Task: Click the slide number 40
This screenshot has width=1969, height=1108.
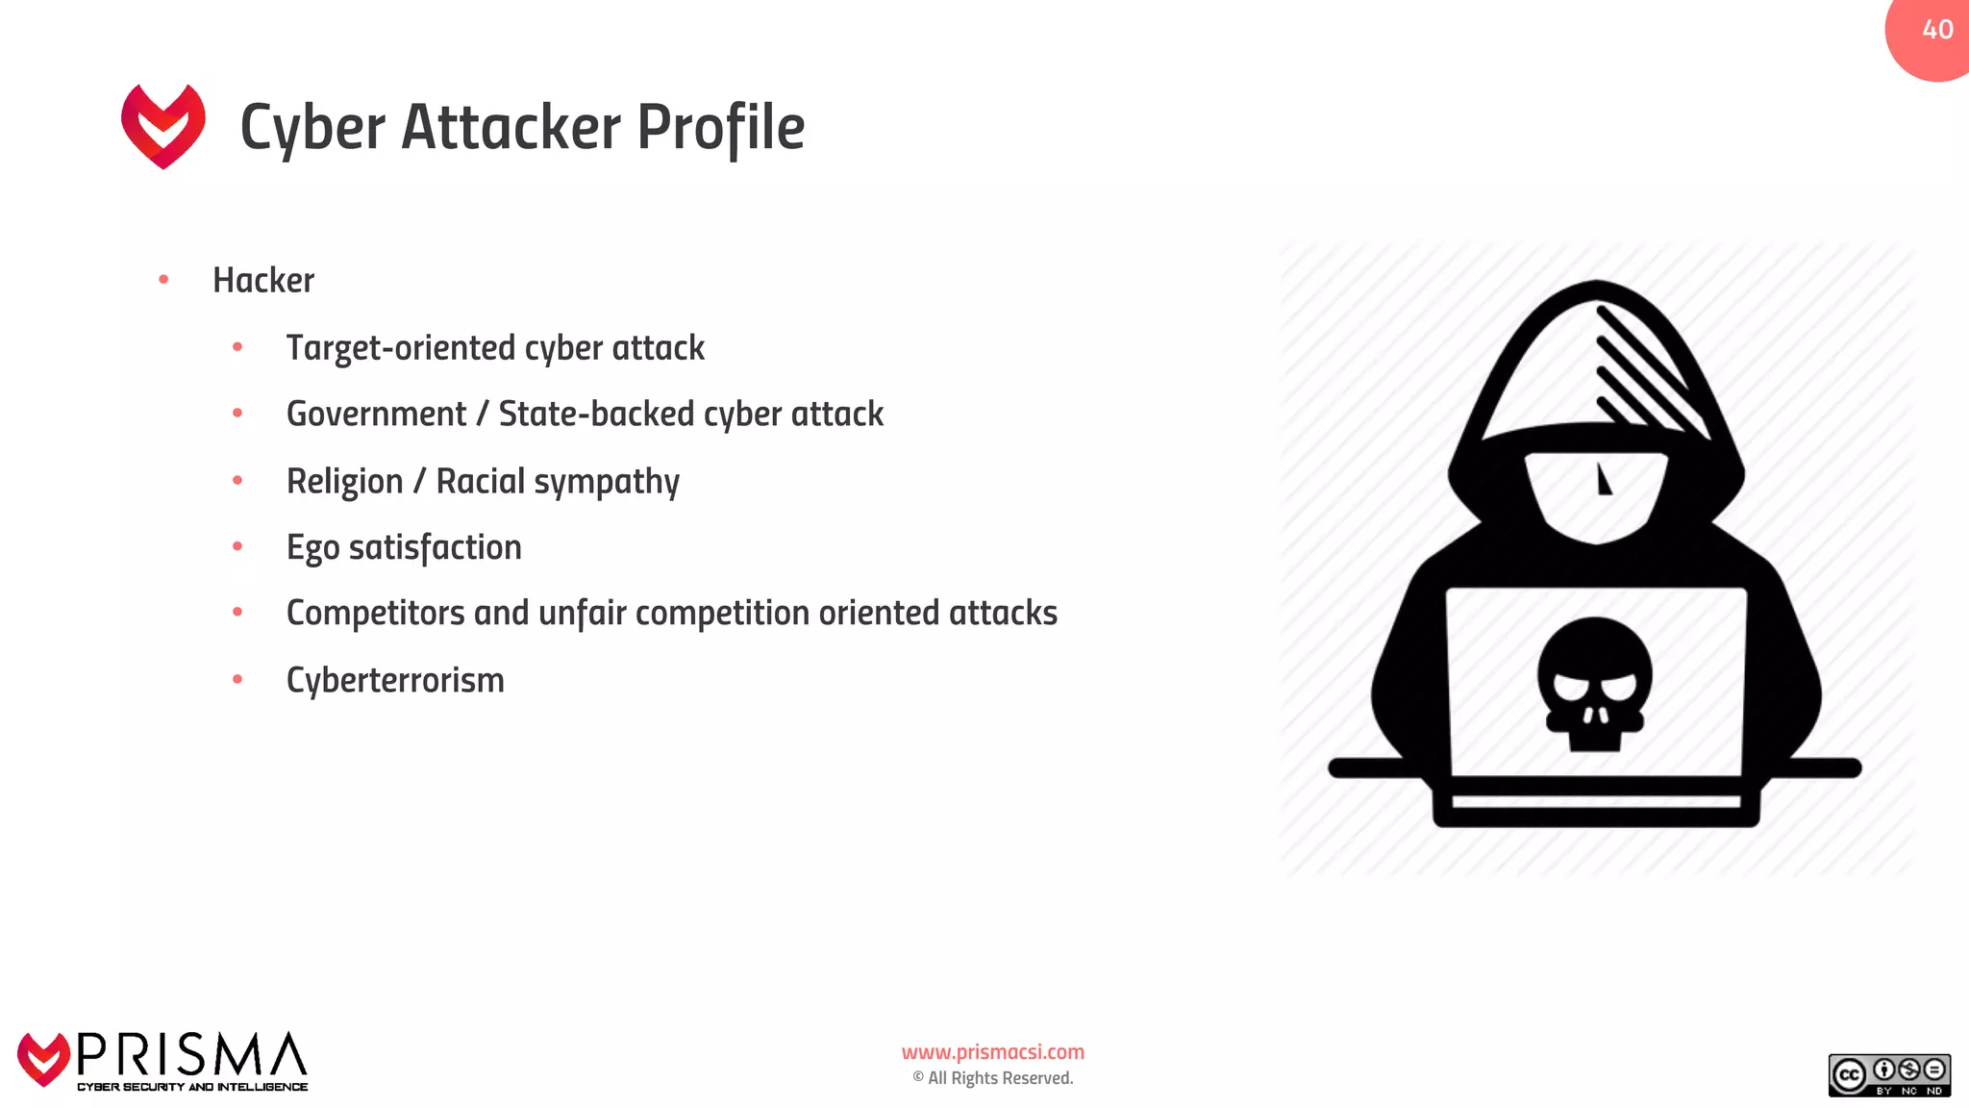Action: click(x=1937, y=30)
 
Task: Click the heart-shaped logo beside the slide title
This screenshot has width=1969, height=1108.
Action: click(x=163, y=126)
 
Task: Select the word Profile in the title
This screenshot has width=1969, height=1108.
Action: click(x=720, y=128)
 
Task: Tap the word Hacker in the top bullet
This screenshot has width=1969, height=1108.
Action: click(x=262, y=281)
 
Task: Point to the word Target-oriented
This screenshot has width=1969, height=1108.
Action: click(x=403, y=348)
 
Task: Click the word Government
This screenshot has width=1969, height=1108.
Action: click(x=376, y=415)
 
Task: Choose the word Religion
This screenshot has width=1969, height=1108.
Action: click(x=344, y=482)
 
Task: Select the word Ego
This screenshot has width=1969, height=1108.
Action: click(x=312, y=548)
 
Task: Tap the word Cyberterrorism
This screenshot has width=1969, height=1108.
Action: click(x=395, y=681)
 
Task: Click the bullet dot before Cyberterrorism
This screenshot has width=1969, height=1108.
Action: click(x=237, y=680)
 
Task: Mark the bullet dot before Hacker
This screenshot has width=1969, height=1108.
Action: click(x=163, y=280)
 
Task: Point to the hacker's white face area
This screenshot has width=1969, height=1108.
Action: click(x=1596, y=495)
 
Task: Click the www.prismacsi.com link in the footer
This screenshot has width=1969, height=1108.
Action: click(x=992, y=1052)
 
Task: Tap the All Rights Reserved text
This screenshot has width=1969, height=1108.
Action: click(x=999, y=1078)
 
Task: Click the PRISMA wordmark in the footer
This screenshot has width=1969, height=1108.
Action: click(x=191, y=1056)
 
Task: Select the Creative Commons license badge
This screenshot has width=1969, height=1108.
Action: click(x=1888, y=1075)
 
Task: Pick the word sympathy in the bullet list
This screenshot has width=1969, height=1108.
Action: click(x=606, y=482)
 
